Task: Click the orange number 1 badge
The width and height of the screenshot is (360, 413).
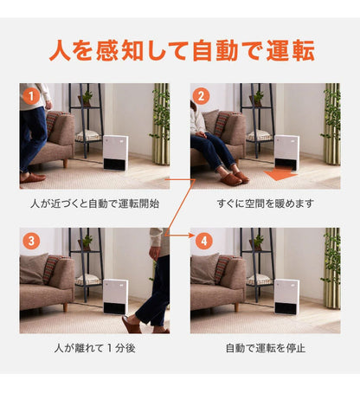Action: click(31, 96)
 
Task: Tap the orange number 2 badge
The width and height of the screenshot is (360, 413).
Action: click(202, 96)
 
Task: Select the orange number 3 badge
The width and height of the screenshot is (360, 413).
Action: click(31, 241)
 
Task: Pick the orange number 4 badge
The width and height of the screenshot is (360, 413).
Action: click(202, 241)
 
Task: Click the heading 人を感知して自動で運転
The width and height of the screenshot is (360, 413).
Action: click(180, 48)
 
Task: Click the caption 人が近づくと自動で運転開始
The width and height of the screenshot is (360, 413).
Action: click(94, 203)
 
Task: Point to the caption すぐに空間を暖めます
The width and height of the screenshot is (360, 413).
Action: click(265, 203)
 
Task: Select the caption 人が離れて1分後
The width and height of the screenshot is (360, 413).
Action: click(94, 348)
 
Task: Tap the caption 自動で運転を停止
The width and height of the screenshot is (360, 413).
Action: click(265, 348)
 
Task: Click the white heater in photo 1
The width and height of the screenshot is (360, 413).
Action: click(116, 152)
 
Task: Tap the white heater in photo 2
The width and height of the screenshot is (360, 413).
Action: click(286, 149)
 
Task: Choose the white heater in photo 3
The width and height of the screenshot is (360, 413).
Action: click(115, 296)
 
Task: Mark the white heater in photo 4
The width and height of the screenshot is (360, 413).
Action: click(286, 296)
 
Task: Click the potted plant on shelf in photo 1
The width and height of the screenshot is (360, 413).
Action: click(87, 97)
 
